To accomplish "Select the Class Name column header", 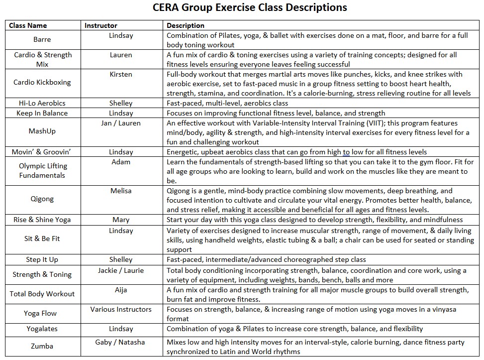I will [x=28, y=25].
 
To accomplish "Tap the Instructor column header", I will [x=101, y=25].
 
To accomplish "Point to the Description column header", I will [x=186, y=25].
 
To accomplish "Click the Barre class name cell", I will [x=42, y=39].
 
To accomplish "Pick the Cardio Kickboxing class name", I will [x=42, y=82].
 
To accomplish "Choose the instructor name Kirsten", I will [x=121, y=74].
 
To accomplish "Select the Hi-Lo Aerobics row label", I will [x=42, y=103].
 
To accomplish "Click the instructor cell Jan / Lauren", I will [x=121, y=123].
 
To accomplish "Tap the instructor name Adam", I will [x=121, y=162].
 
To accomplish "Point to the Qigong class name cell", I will [x=42, y=199].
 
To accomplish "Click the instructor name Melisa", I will [x=121, y=191].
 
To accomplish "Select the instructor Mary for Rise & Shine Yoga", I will [x=121, y=220].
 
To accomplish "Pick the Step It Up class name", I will [x=42, y=259].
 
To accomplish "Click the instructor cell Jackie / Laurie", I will [x=121, y=270].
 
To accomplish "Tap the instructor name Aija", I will [x=121, y=290].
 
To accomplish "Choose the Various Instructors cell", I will [x=121, y=309].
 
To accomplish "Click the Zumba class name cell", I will [x=42, y=346].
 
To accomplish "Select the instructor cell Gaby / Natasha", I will [x=121, y=342].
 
